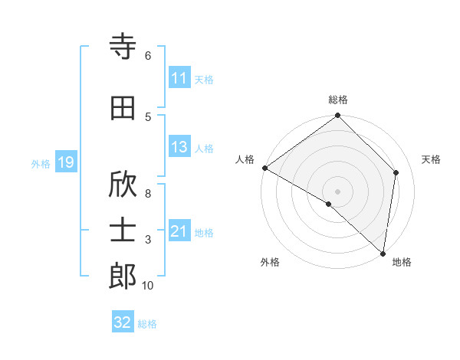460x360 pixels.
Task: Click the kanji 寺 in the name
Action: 123,47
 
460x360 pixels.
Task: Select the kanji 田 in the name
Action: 123,108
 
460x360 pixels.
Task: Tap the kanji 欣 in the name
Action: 123,185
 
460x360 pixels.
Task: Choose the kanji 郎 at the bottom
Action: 123,277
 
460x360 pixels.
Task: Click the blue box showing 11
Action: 179,78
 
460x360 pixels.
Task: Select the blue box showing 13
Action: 179,148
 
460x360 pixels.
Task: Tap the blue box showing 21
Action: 179,231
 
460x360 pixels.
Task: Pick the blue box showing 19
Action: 65,162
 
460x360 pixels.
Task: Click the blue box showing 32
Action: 123,322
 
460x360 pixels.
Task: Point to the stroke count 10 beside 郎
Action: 147,286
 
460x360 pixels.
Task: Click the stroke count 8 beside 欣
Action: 148,194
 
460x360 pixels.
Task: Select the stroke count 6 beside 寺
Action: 148,56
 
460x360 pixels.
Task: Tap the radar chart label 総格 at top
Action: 338,100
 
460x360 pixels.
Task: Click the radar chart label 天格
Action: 431,159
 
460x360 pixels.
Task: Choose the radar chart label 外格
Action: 270,262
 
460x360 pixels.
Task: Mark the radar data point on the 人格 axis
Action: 264,168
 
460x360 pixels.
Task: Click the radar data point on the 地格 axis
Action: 383,254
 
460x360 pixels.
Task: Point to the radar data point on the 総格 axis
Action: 338,116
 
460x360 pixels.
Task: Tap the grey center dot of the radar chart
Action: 338,191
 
